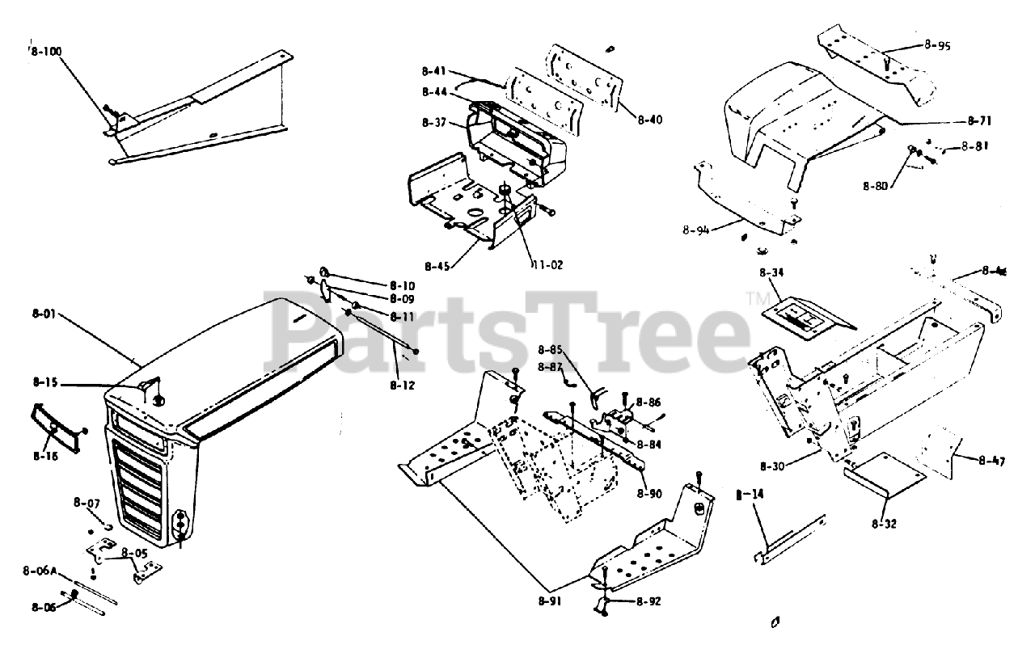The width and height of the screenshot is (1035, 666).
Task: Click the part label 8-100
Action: [45, 51]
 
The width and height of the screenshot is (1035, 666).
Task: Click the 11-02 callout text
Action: [548, 263]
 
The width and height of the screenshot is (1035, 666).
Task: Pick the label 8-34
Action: [772, 272]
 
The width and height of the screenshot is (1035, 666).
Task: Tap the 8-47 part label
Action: [991, 462]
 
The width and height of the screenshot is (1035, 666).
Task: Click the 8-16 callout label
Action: [45, 456]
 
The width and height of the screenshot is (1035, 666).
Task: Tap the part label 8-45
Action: [437, 263]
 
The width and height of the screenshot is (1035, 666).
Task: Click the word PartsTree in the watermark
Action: [509, 332]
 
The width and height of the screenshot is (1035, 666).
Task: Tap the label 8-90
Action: [648, 493]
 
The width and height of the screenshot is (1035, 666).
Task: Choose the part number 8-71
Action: [979, 120]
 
